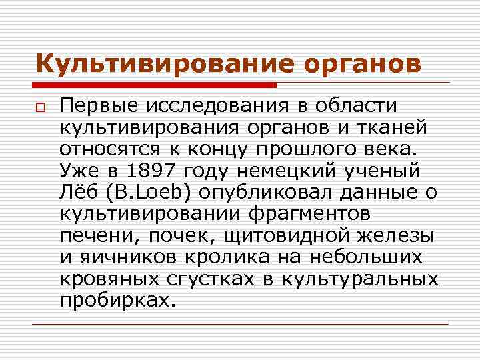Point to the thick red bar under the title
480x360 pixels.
pyautogui.click(x=157, y=85)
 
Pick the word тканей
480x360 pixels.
pyautogui.click(x=389, y=127)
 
